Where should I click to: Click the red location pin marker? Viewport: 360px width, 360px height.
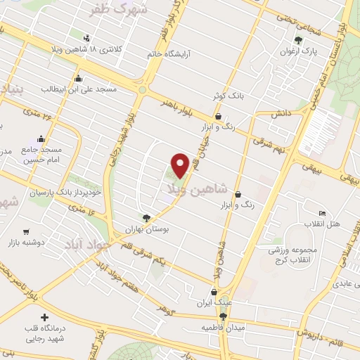pos(181,165)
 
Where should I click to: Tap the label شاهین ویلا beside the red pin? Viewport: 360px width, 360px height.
pos(198,189)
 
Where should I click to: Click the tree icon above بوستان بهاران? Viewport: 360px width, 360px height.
pos(146,218)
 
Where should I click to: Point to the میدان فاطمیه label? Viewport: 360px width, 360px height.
pos(224,328)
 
